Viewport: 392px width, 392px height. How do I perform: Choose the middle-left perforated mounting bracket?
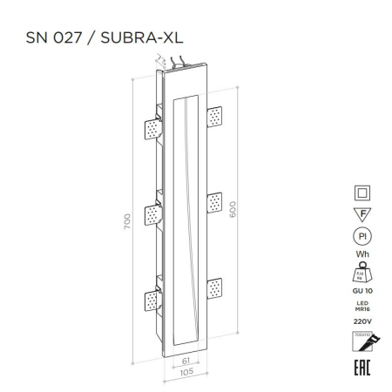click(x=152, y=212)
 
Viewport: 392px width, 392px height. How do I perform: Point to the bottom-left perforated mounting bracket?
click(x=152, y=299)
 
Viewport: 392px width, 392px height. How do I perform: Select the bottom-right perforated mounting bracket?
click(x=213, y=287)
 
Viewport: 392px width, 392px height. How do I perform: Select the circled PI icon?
click(x=359, y=235)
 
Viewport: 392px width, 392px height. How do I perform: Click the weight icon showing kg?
click(x=359, y=273)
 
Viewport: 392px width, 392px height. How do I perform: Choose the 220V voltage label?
click(x=359, y=320)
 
